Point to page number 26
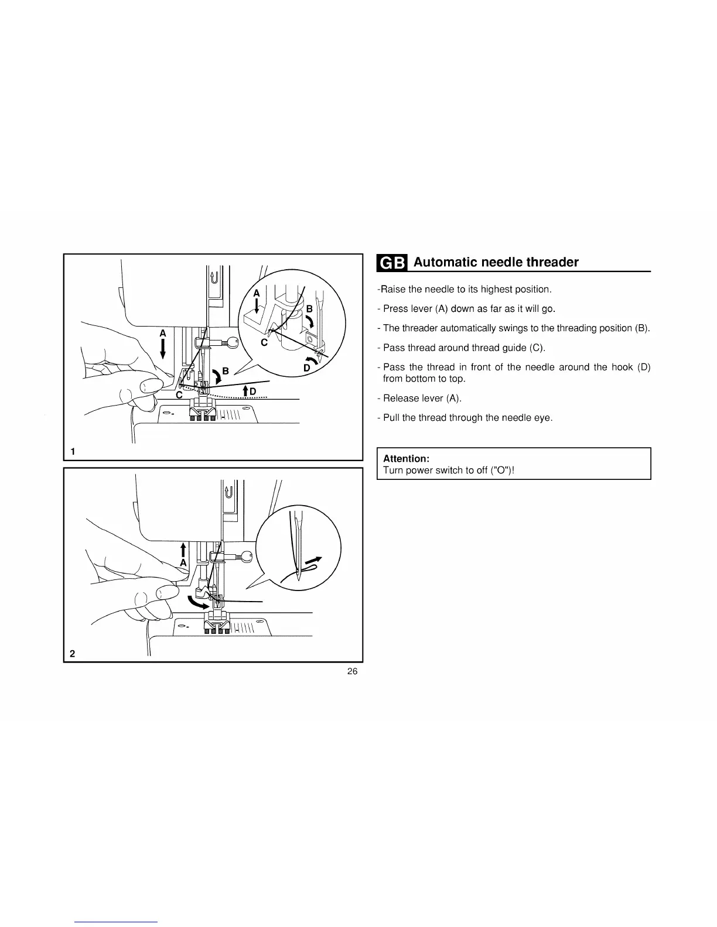352,671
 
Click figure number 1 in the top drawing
73,451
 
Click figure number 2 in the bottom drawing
72,654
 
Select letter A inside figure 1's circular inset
256,293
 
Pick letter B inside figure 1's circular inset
309,308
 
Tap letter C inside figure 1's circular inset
264,343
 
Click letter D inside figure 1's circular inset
306,368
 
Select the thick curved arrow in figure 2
197,603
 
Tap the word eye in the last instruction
543,418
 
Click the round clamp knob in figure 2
247,557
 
